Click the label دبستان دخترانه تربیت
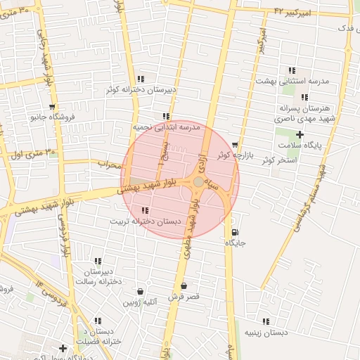[146, 221]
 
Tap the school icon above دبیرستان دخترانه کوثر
[141, 79]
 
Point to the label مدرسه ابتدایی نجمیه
[167, 127]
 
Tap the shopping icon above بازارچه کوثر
[234, 145]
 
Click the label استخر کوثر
[279, 160]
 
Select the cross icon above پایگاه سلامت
[300, 134]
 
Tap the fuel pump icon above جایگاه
[234, 232]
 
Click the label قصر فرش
[184, 297]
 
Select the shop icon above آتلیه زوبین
[141, 292]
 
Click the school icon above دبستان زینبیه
[266, 321]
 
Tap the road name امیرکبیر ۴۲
[312, 12]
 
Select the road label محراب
[110, 165]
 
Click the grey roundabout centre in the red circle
[199, 182]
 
